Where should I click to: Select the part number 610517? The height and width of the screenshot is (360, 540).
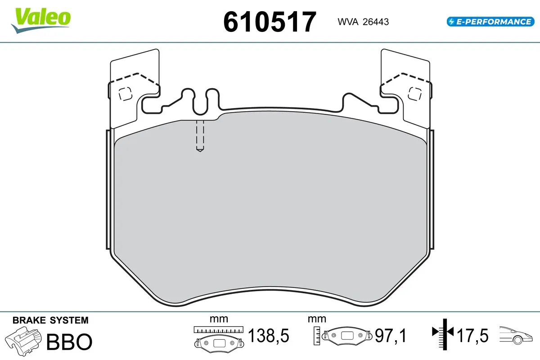click(x=270, y=22)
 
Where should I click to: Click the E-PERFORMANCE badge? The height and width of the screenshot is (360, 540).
click(x=489, y=21)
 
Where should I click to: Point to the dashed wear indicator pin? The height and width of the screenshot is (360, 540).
click(x=200, y=135)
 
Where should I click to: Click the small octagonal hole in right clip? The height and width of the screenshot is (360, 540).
click(x=414, y=93)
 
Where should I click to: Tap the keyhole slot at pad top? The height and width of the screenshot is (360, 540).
click(x=201, y=101)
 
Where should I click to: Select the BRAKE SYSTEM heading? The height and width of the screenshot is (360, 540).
click(x=50, y=320)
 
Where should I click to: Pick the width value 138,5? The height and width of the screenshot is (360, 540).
click(x=269, y=336)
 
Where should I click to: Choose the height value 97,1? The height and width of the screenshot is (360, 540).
click(x=391, y=336)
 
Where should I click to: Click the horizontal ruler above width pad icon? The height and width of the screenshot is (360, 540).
click(x=218, y=330)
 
